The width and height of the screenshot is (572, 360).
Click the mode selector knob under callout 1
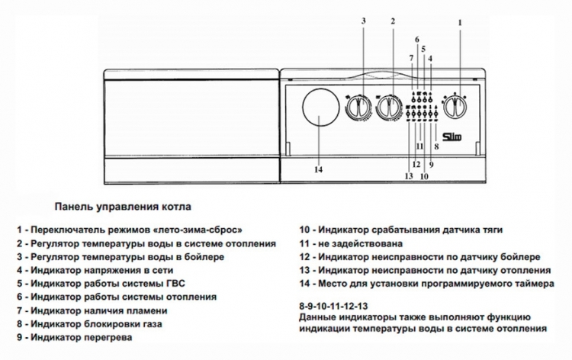(455, 107)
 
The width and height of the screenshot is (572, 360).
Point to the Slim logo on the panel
(452, 137)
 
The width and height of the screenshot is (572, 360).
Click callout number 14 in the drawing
(319, 169)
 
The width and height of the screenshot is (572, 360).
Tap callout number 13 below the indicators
(409, 176)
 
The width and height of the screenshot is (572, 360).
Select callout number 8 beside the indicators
(437, 147)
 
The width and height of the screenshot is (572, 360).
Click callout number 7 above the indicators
(411, 58)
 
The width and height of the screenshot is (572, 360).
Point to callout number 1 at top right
(460, 23)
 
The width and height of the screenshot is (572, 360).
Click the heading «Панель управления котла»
(123, 207)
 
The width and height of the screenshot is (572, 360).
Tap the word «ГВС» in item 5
(176, 284)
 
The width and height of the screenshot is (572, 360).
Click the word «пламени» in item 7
(146, 310)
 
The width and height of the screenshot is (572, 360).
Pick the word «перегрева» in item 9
(108, 337)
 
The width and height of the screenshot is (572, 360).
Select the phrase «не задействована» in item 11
(361, 243)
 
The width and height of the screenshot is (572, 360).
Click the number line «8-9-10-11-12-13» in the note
(333, 306)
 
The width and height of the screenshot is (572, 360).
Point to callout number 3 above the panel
(363, 21)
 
